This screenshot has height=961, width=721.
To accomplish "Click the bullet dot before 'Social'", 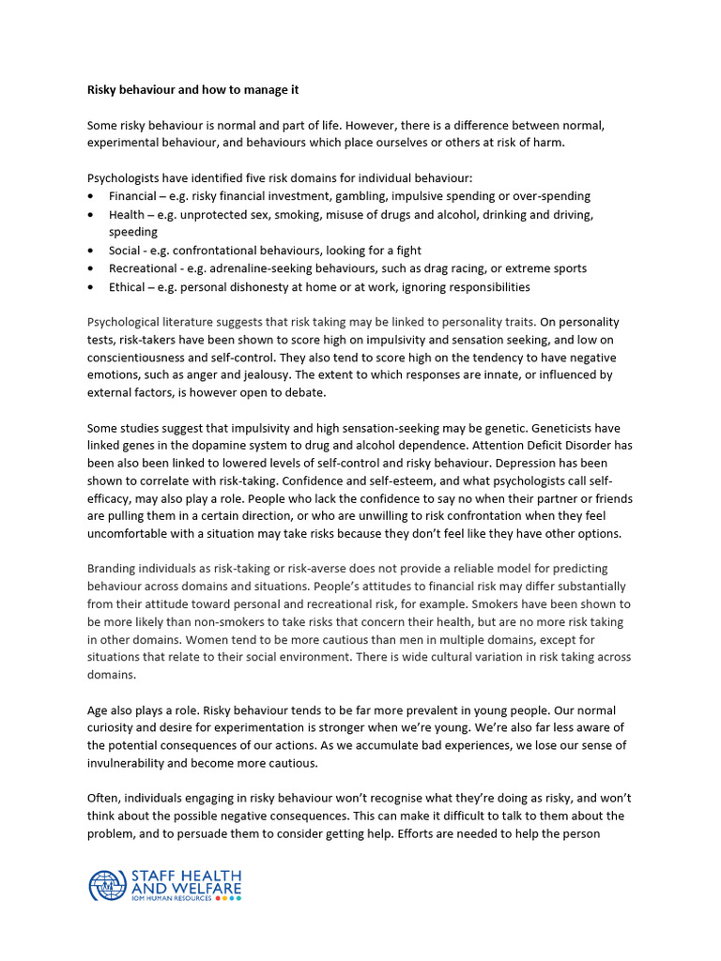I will [x=89, y=251].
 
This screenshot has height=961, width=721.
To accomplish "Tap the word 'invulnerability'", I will [x=130, y=763].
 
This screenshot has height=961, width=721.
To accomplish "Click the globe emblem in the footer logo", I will [x=106, y=886].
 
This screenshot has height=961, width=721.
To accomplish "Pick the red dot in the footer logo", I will [x=219, y=898].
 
